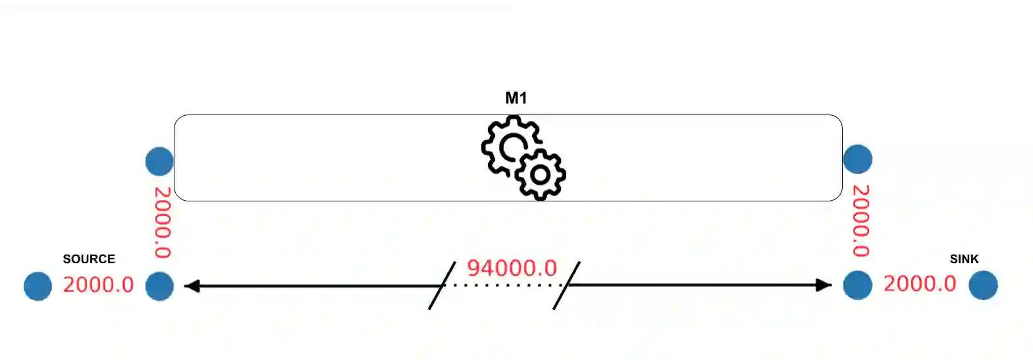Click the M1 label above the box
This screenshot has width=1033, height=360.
pos(516,98)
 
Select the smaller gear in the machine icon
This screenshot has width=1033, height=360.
pos(541,174)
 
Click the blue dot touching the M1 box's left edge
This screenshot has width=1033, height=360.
pos(159,161)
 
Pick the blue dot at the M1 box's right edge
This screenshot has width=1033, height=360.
pos(857,159)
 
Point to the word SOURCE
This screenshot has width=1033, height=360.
pos(89,259)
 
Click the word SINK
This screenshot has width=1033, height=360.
pos(964,259)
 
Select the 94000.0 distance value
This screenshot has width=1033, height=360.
pos(512,268)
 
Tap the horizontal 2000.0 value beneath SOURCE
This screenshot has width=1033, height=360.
pos(98,285)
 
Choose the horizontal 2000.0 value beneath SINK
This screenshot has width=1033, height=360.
pos(919,284)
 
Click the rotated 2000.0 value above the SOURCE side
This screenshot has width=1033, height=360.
pos(163,222)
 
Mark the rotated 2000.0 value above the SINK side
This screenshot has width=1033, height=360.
pos(861,220)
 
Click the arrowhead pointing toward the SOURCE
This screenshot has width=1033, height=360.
pos(192,286)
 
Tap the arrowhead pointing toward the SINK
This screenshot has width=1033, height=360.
pos(824,285)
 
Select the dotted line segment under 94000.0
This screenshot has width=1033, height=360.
pos(504,286)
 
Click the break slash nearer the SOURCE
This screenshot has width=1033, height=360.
pos(442,286)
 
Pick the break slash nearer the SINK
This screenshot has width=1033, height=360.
pos(566,286)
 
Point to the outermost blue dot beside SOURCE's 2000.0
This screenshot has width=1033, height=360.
pos(38,286)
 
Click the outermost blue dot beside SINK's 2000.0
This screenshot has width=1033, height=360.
pos(983,286)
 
